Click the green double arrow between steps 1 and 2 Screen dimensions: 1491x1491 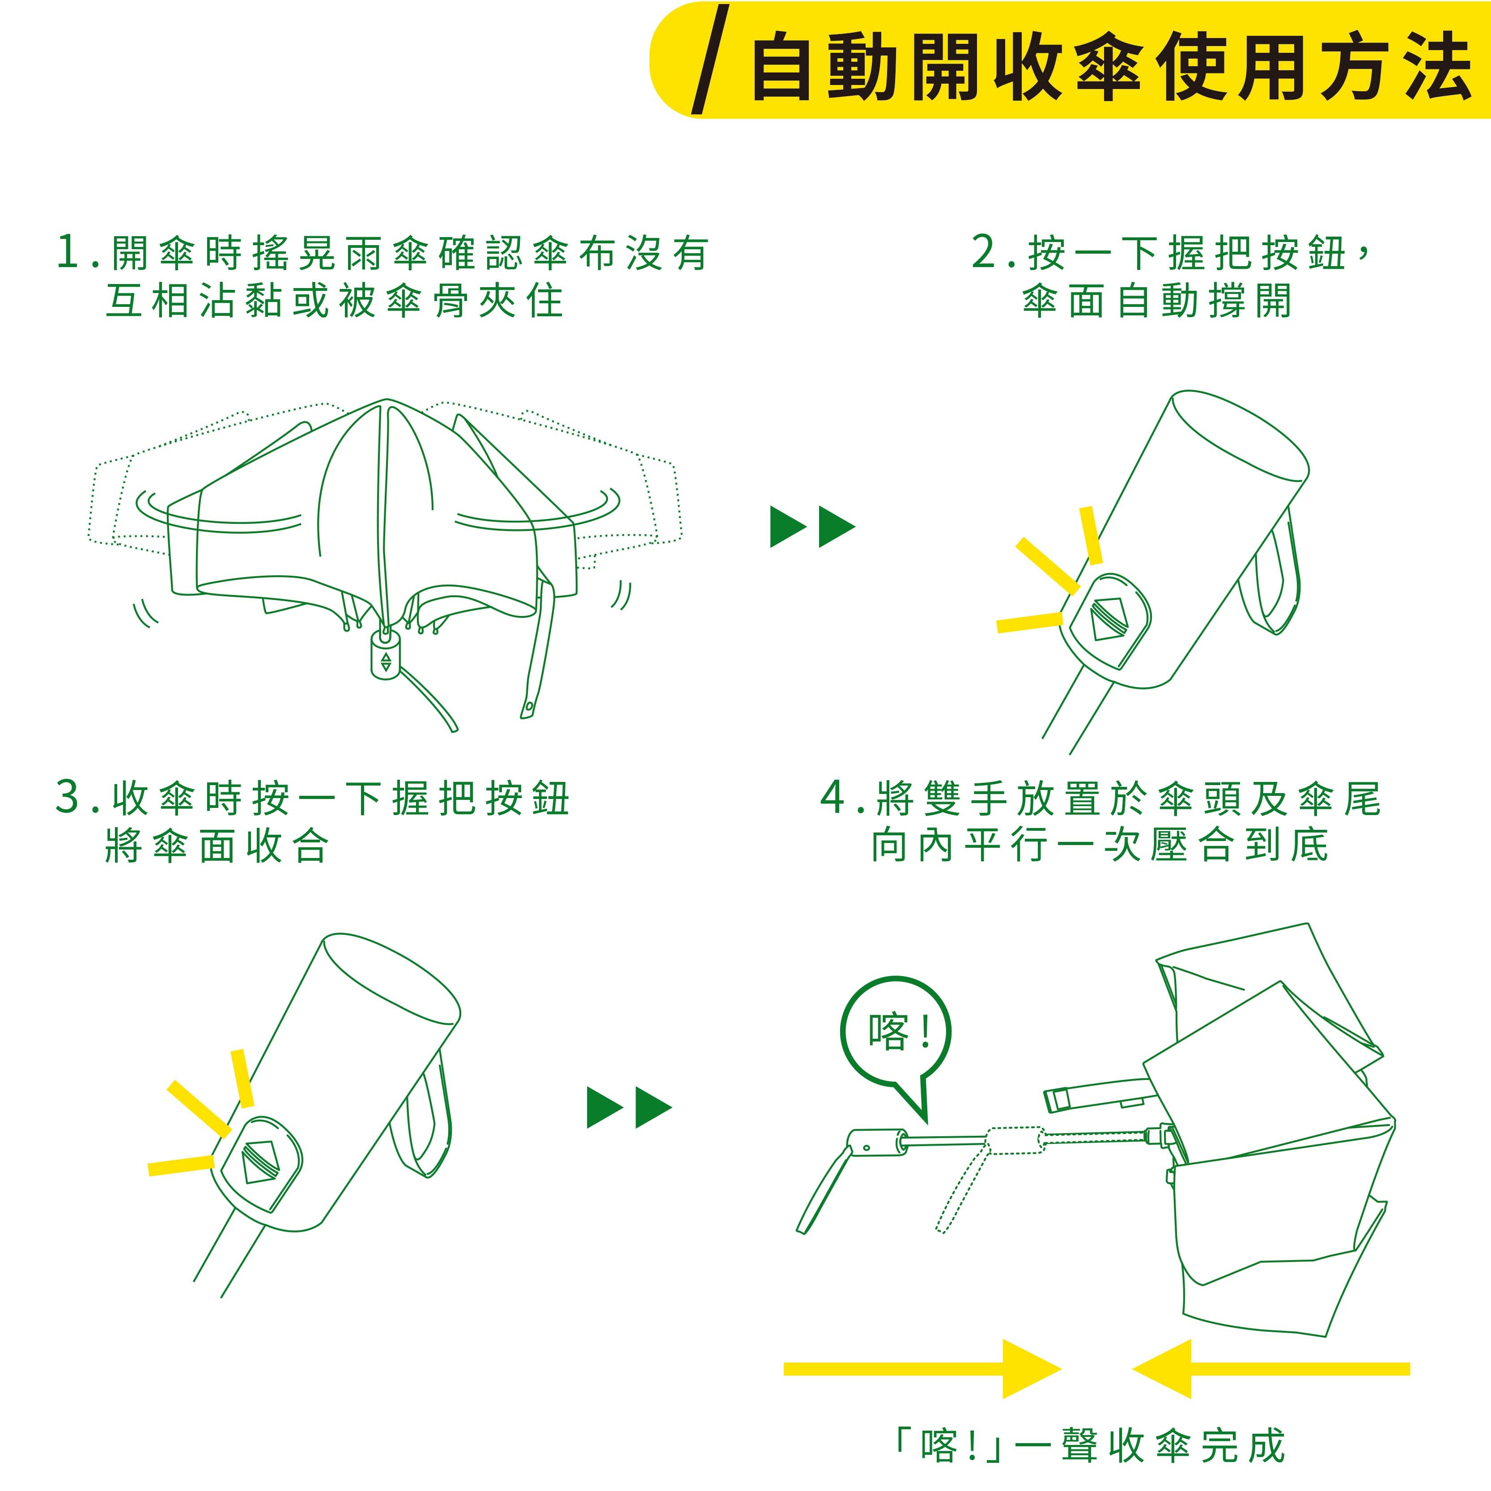click(813, 527)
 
